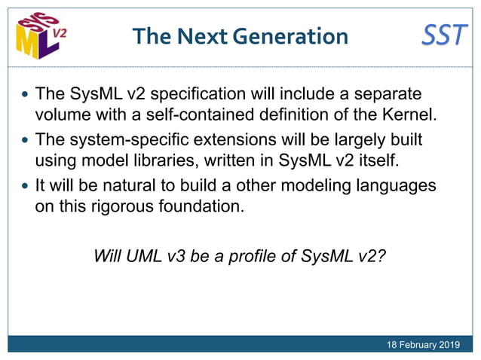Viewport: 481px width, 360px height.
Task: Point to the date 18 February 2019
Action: tap(422, 345)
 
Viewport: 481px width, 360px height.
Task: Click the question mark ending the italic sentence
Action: tap(381, 255)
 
